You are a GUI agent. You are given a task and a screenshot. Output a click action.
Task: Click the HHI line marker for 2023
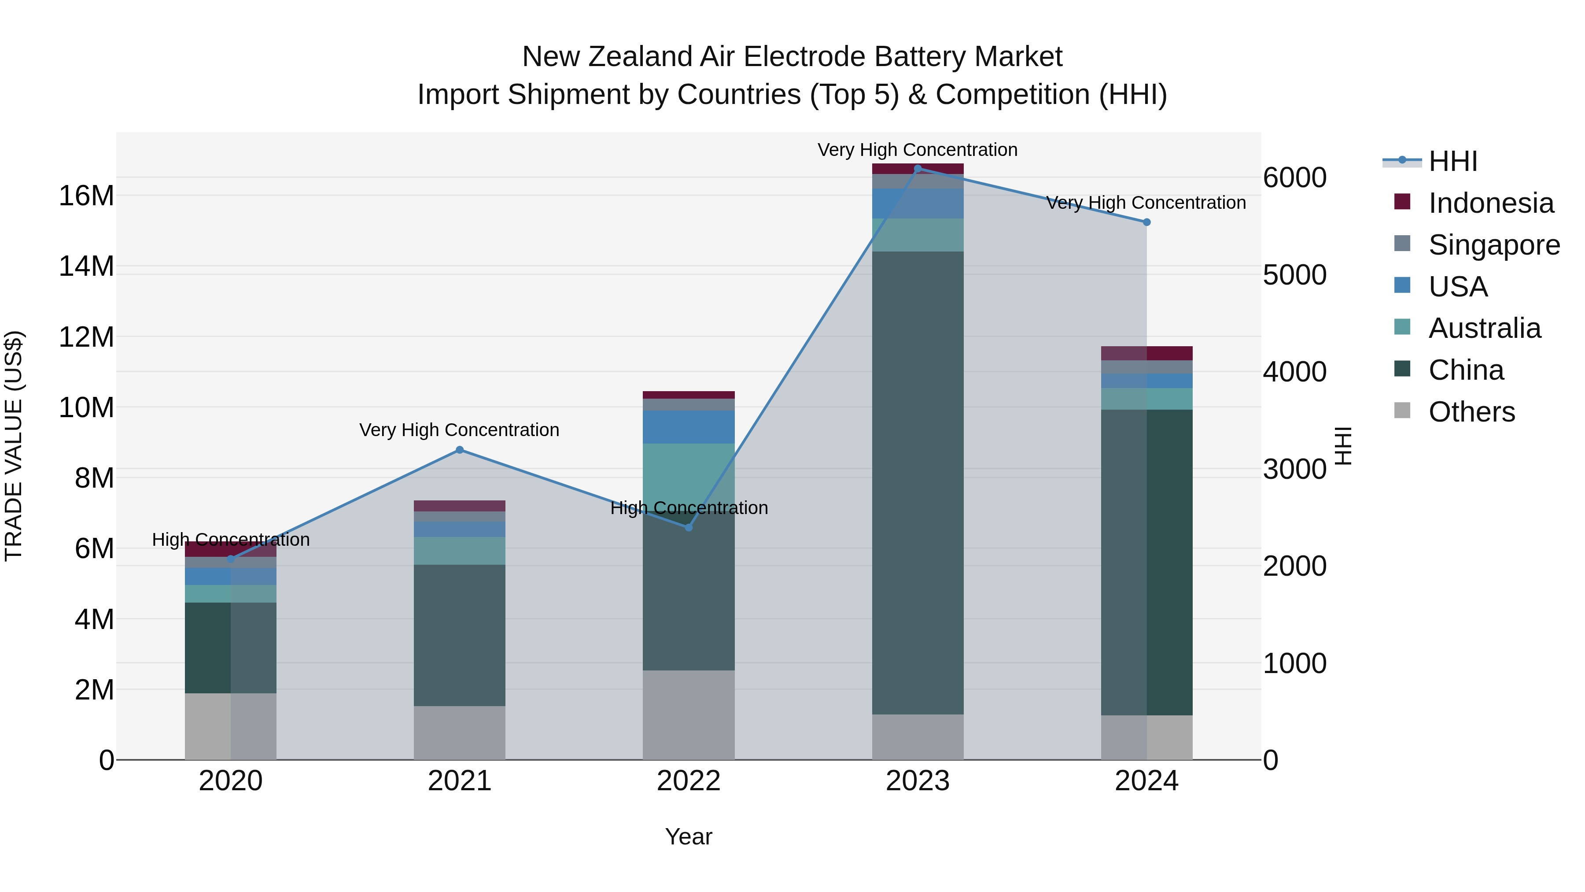pos(918,169)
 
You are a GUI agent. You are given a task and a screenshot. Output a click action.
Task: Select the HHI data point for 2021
pos(460,450)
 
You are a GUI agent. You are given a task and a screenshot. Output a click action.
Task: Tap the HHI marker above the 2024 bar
pos(1146,222)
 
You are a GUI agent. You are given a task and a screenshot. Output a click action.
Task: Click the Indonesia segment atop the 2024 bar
pos(1146,353)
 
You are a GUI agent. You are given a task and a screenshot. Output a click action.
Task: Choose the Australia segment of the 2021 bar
pos(460,551)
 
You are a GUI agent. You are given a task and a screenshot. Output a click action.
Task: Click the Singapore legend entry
pos(1494,245)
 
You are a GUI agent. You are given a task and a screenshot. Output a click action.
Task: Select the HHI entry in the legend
pos(1452,161)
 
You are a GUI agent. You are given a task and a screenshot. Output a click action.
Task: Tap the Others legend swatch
pos(1402,411)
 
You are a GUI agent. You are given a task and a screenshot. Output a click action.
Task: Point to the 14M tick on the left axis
pos(86,266)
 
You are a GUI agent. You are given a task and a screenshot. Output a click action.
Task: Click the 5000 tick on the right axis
pos(1294,275)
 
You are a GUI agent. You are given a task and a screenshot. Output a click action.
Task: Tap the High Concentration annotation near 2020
pos(231,540)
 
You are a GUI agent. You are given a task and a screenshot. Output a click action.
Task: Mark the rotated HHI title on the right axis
pos(1343,446)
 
